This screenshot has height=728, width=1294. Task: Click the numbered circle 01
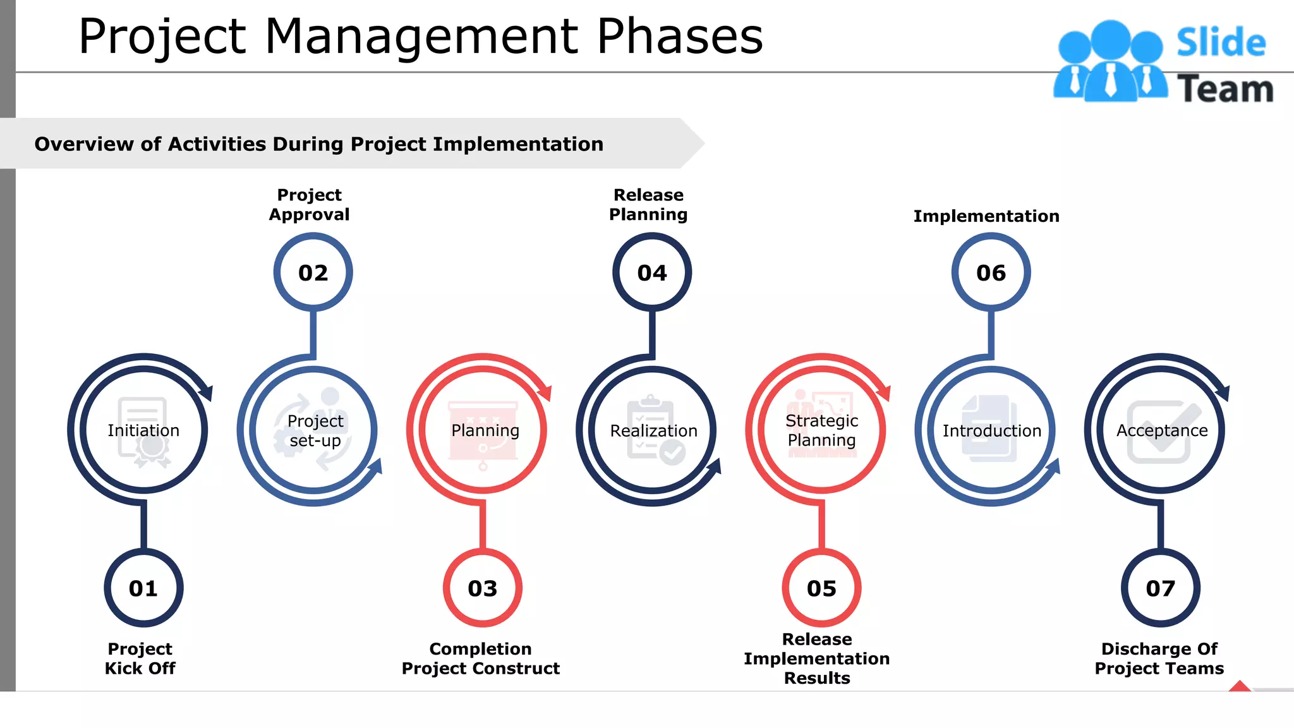(x=143, y=588)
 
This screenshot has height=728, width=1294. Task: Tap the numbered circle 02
(x=313, y=272)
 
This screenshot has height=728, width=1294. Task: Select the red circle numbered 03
(x=483, y=588)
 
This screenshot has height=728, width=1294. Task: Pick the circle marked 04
(x=652, y=272)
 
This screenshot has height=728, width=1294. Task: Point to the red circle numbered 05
(x=821, y=588)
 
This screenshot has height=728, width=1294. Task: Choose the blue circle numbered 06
(x=991, y=272)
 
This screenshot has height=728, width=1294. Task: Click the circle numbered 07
(x=1161, y=588)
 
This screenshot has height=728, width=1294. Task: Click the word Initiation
(x=143, y=430)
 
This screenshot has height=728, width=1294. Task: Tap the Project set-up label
(x=315, y=430)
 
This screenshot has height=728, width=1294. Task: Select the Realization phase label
(x=653, y=430)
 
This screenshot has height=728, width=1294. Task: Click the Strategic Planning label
(x=821, y=430)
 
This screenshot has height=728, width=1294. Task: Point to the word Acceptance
(x=1162, y=430)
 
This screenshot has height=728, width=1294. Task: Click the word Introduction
(x=992, y=430)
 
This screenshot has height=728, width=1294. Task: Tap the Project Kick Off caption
(x=140, y=658)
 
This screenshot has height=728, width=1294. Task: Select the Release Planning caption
(x=648, y=204)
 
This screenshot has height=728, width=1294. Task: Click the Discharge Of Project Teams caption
(x=1159, y=658)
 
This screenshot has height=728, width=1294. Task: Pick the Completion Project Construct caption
(x=481, y=658)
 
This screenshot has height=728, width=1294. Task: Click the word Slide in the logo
(x=1221, y=43)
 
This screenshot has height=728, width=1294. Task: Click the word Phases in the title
(x=680, y=36)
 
